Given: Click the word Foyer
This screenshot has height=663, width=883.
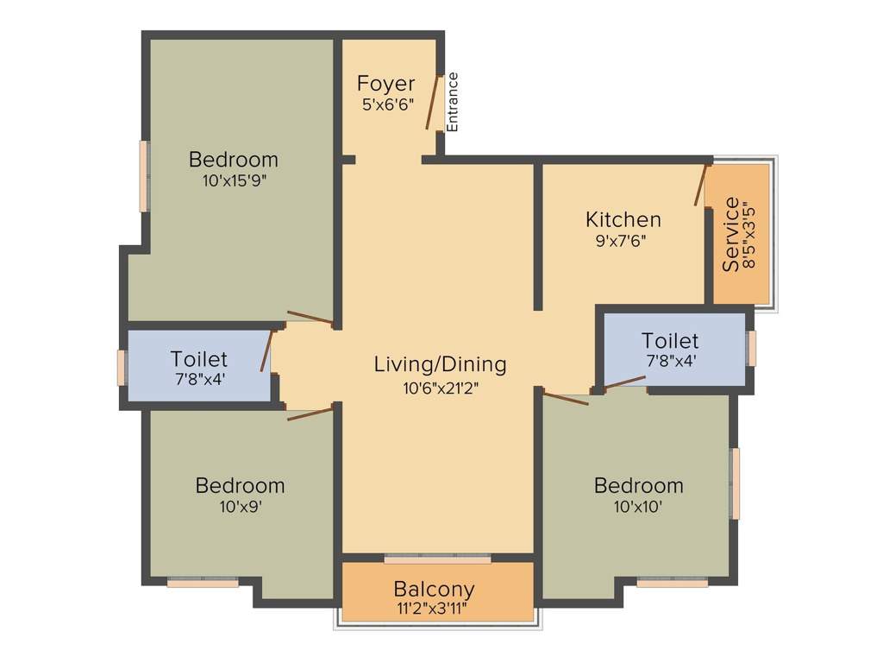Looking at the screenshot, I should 385,84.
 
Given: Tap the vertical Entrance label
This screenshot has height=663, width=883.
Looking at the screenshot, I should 453,102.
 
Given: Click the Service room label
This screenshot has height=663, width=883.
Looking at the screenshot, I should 731,234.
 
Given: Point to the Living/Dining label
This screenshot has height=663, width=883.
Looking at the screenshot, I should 440,364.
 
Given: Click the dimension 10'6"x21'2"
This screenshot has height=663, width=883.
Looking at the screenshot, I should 440,388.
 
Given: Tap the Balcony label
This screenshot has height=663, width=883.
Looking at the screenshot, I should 434,589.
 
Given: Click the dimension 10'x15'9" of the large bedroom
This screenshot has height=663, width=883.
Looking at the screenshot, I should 234,181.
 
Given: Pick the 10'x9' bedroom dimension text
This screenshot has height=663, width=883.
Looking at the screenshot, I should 240,507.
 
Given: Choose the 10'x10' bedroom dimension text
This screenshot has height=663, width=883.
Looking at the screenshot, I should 638,507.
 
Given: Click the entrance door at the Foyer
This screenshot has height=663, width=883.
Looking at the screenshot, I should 434,102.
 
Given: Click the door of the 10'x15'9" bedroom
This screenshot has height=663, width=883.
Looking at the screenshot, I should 310,319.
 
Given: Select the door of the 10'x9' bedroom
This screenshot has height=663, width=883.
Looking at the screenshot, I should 310,414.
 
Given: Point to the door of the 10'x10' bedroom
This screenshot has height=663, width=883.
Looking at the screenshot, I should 565,398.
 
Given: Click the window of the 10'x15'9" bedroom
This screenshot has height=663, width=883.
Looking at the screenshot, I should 144,176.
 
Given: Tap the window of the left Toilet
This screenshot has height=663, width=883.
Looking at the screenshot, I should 122,367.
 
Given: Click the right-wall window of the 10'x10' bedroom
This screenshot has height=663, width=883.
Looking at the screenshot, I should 736,483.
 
